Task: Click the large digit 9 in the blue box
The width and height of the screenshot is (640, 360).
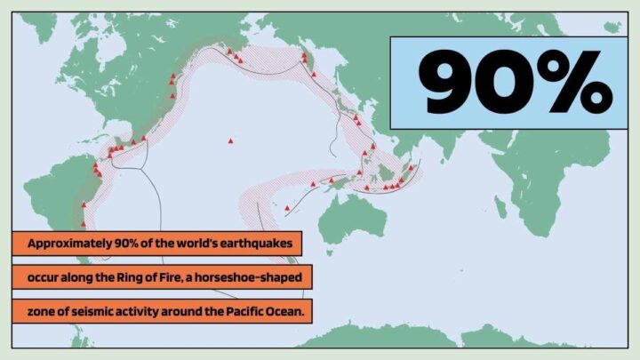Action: tap(450, 84)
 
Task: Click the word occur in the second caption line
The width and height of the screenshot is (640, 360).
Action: tap(43, 277)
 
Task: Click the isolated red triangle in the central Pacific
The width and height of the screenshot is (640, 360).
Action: tap(230, 140)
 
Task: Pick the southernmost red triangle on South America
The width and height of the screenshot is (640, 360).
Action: tap(84, 205)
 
